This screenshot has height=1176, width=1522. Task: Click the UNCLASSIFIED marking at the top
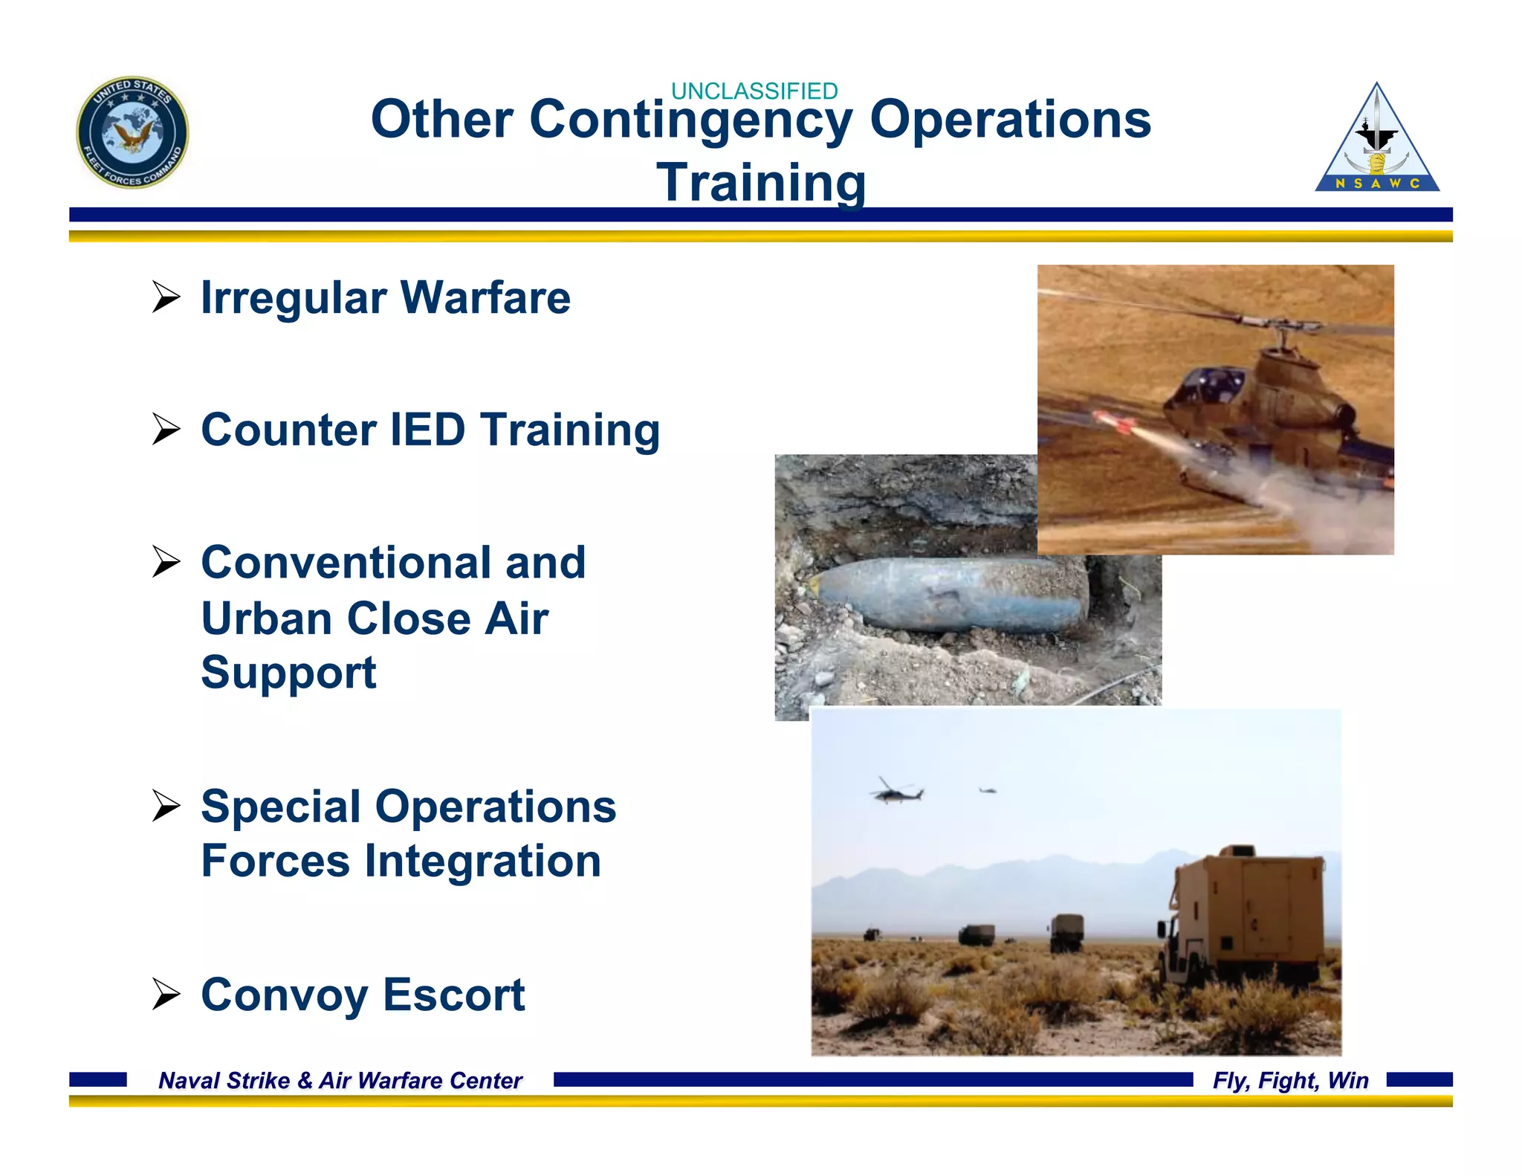754,91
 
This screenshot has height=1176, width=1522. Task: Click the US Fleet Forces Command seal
132,132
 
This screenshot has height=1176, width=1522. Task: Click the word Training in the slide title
760,182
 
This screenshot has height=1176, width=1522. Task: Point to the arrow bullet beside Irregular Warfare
166,297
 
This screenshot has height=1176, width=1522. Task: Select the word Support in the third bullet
288,673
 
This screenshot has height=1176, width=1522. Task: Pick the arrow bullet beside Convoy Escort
166,995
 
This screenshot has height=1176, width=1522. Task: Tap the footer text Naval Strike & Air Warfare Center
340,1080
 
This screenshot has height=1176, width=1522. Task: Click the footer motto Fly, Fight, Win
1290,1080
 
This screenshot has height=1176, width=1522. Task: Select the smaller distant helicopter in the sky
988,790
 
